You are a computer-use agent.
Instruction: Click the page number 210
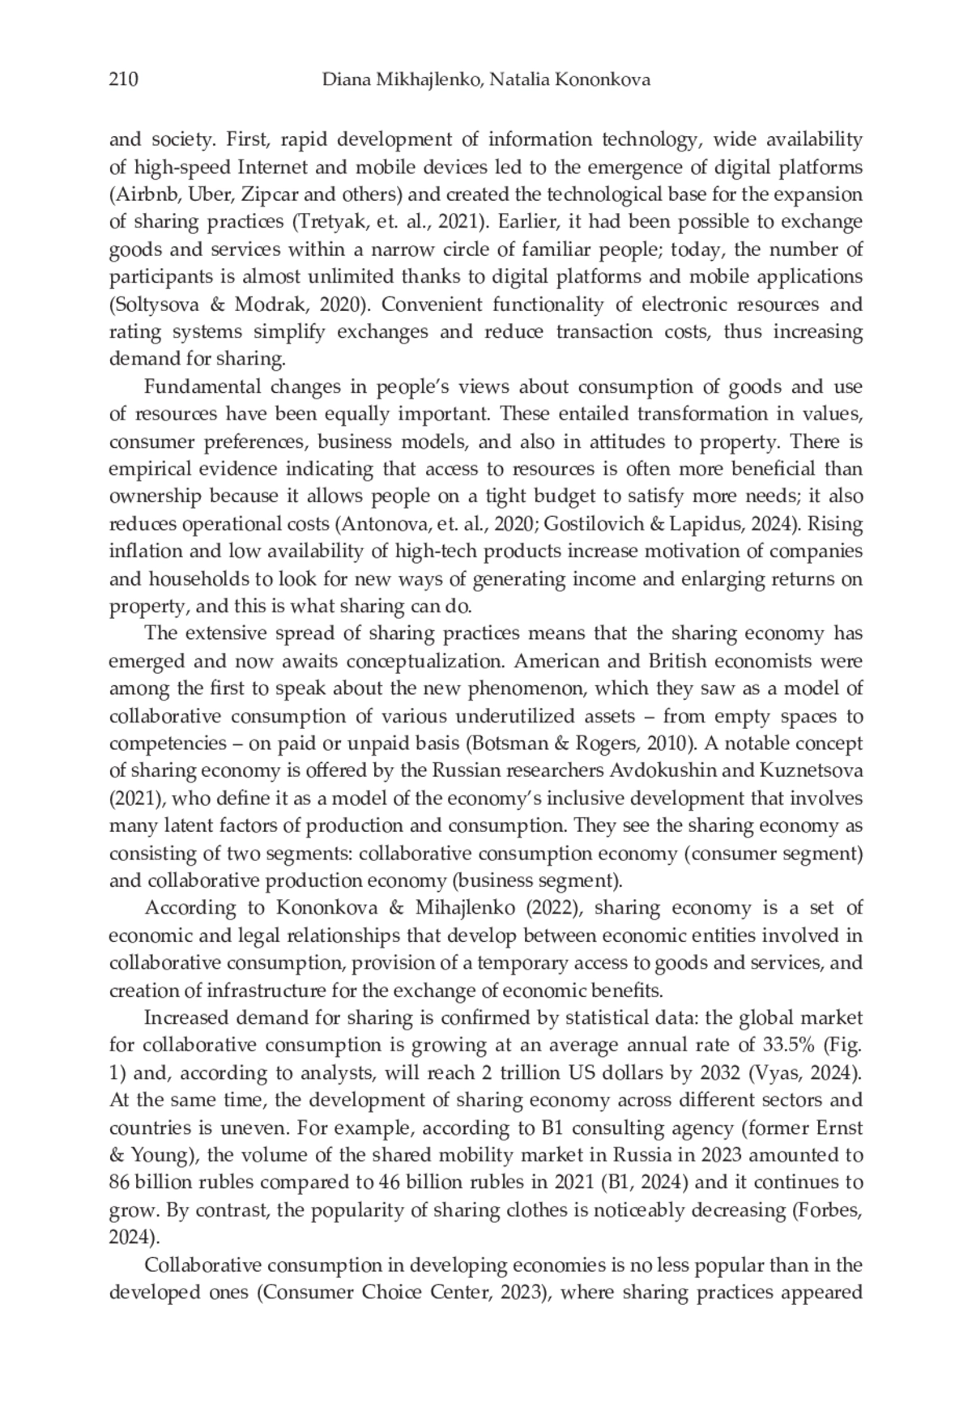tap(123, 79)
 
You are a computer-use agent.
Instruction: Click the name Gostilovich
tap(595, 524)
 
